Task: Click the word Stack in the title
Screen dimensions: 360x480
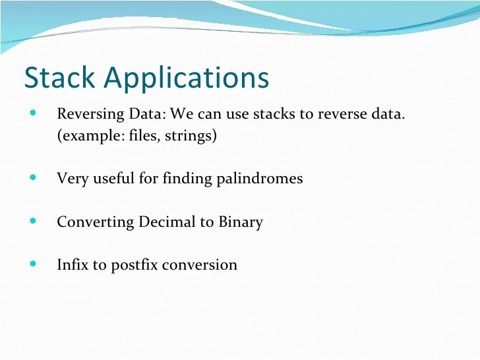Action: [x=59, y=77]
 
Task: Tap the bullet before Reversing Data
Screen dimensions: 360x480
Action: [x=34, y=113]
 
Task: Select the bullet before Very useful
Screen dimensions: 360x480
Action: [x=34, y=177]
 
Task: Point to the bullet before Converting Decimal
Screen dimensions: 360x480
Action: [x=34, y=221]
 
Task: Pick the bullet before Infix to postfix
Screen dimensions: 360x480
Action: [x=34, y=264]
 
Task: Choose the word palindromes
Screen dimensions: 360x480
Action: [x=260, y=179]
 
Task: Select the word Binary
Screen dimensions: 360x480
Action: [x=240, y=222]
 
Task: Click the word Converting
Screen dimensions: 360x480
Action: [x=95, y=222]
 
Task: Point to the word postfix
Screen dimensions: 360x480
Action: [x=135, y=265]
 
